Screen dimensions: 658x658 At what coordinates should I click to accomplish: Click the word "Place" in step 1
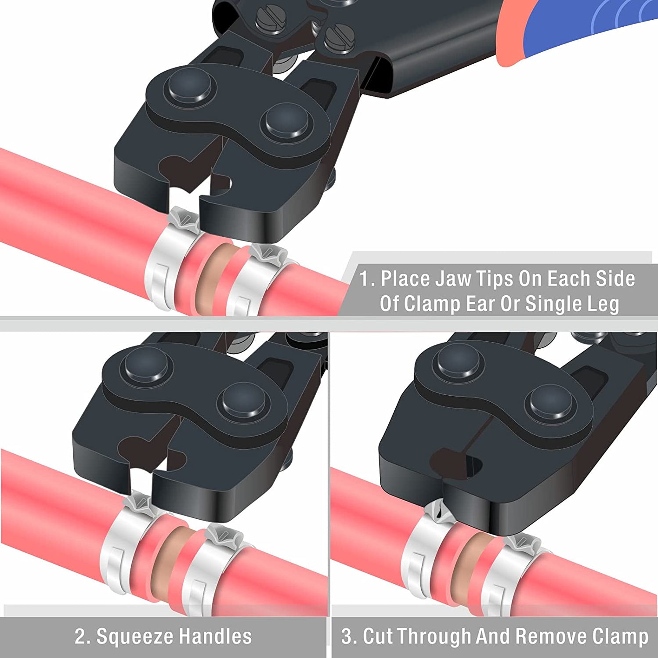coord(405,278)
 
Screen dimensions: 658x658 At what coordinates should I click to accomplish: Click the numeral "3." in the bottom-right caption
coord(349,636)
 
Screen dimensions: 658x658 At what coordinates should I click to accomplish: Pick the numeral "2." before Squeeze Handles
coord(82,636)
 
